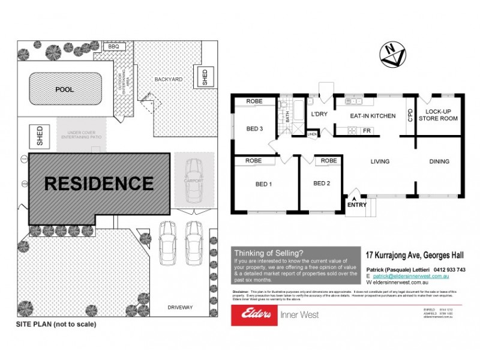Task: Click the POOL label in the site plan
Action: point(64,89)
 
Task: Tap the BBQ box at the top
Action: point(113,46)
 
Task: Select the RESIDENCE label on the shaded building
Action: point(99,182)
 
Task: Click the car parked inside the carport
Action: point(194,180)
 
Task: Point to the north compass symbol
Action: point(391,55)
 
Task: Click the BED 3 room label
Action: point(254,129)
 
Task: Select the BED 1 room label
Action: point(263,184)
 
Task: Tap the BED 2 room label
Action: point(322,184)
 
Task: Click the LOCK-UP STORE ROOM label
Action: point(437,115)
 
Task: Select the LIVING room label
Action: point(380,161)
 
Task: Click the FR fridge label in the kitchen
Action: point(365,131)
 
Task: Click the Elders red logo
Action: point(254,314)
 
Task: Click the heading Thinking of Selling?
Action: point(268,253)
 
